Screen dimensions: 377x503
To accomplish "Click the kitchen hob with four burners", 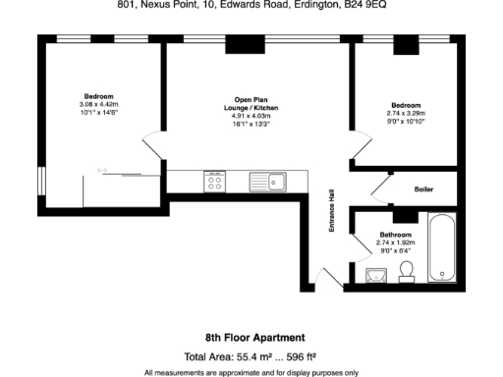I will coord(213,181).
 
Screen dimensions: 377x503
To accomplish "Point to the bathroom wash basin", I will coord(374,275).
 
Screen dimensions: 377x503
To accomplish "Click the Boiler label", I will coord(423,188).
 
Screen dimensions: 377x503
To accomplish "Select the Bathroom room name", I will coord(396,235).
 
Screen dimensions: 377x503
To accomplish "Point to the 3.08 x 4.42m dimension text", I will coord(98,105).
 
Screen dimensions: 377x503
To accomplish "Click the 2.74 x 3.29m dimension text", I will coord(406,113).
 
